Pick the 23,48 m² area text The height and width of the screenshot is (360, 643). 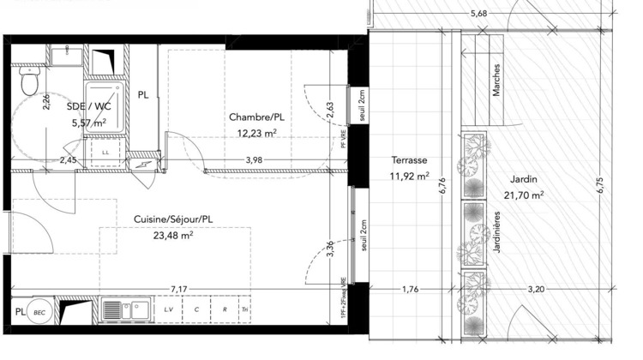(x=172, y=236)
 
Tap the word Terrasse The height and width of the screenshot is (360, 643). (x=409, y=160)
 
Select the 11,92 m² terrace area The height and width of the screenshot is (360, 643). (x=409, y=177)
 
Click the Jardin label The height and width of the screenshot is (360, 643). (x=522, y=179)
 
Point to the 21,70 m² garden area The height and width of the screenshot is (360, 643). (x=522, y=195)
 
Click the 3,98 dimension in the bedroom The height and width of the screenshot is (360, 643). (x=255, y=159)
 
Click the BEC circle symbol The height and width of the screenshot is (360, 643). (x=39, y=312)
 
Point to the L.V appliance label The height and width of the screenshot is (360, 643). (x=168, y=310)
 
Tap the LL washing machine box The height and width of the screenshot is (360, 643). (x=105, y=152)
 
